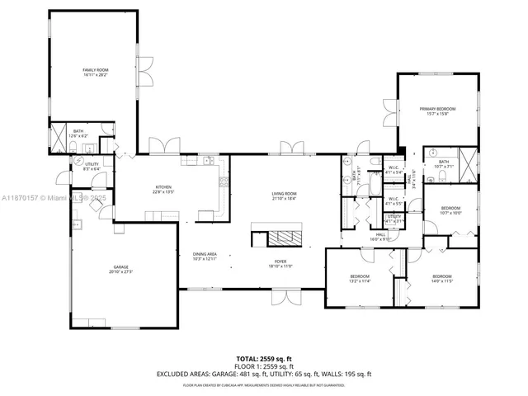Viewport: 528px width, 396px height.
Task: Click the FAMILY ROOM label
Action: [95, 72]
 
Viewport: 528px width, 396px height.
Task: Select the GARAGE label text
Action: [121, 269]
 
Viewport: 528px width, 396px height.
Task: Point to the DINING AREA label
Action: [205, 256]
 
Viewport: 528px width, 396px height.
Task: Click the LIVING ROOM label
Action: [284, 196]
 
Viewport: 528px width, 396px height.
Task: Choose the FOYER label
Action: [281, 264]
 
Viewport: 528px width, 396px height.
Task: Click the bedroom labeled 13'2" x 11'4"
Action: [359, 278]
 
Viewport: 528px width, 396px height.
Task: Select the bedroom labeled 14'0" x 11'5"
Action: [441, 278]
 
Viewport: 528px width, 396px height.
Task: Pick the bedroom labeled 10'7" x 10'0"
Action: [450, 210]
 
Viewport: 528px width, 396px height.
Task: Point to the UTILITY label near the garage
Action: [91, 166]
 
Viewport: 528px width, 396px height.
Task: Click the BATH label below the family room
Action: [78, 133]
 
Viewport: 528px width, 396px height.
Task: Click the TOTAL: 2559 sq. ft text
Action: [263, 358]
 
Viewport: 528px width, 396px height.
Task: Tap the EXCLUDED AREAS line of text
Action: [263, 375]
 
